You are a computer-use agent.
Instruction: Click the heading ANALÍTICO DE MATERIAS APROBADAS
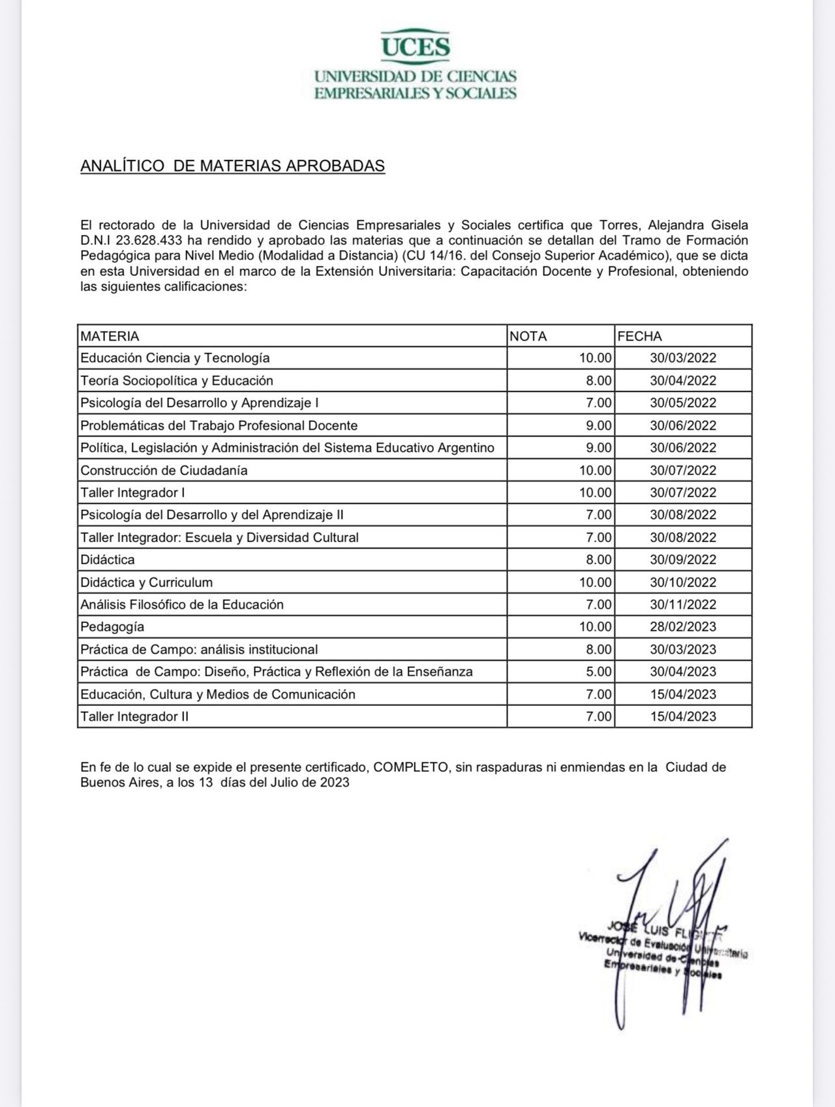232,166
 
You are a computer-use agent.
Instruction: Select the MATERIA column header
110,337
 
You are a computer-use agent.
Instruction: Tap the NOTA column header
528,337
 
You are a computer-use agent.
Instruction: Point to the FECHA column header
639,337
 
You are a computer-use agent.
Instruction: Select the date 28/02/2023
682,627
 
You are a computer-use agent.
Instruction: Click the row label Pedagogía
112,627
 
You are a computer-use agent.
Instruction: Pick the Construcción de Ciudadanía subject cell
164,470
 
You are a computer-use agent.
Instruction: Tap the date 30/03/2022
682,358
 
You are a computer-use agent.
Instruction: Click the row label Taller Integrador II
134,717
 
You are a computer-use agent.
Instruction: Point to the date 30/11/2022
682,605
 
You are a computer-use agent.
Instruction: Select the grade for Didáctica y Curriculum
596,583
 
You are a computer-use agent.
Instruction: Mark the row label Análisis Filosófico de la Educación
182,605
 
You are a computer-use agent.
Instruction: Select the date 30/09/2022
682,560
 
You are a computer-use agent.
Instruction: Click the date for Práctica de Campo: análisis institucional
682,650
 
